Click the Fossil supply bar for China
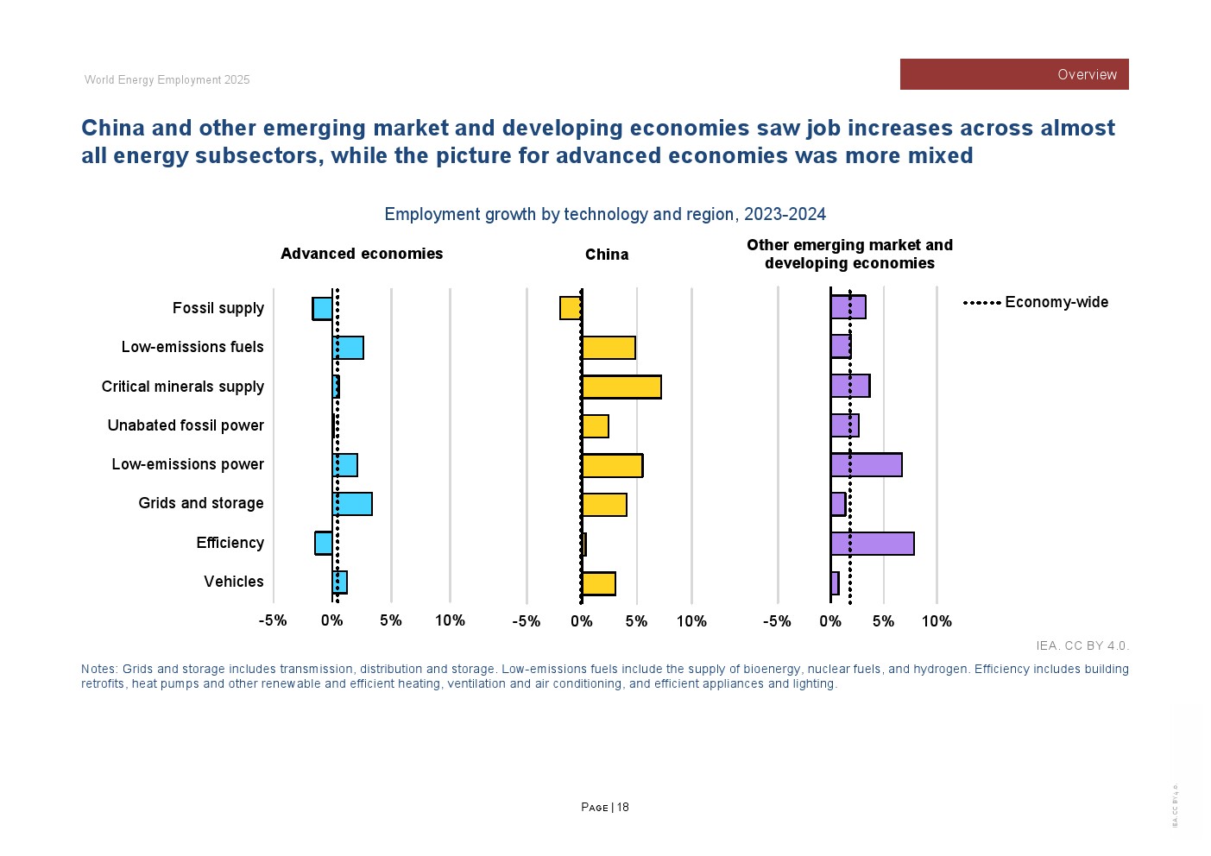pos(571,308)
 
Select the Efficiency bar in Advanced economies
pos(324,543)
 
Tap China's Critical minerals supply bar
pos(621,387)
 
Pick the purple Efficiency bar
pos(872,544)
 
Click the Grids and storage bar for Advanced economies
pos(352,504)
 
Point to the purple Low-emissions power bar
pos(866,465)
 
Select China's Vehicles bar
pos(598,583)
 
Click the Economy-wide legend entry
pos(1036,302)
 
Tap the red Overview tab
pos(1014,74)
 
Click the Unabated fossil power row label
pos(186,425)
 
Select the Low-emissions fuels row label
pos(192,347)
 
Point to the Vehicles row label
pos(234,582)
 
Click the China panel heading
pos(607,255)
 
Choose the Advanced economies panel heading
pos(362,254)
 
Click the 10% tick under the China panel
pos(691,621)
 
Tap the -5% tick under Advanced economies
pos(273,620)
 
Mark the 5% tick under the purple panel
pos(883,621)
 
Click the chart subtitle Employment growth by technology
pos(605,214)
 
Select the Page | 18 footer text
pos(605,808)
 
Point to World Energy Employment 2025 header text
pos(167,80)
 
